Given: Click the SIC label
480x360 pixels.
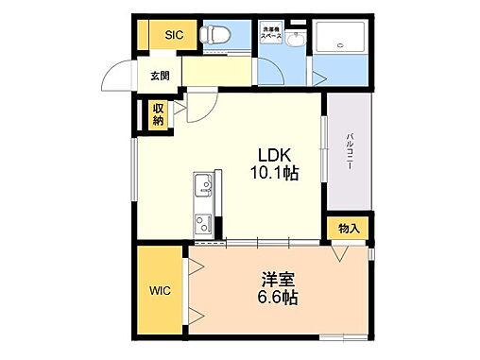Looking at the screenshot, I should (175, 35).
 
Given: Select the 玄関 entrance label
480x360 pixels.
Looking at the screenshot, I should (159, 77).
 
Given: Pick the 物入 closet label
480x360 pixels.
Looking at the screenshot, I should (348, 228).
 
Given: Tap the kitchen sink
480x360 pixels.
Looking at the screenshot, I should (203, 185).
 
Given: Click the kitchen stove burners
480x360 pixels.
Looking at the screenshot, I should (203, 223).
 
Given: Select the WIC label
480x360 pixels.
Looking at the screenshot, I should (157, 292).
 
